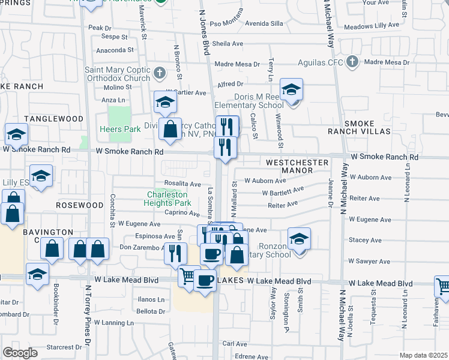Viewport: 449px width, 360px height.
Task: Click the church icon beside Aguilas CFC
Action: [352, 62]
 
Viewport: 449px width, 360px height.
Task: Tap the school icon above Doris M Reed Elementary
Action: [291, 91]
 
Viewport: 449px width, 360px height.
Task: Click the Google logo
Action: [20, 352]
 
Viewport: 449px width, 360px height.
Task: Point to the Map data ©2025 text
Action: [423, 355]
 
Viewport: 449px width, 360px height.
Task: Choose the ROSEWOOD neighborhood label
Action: [80, 205]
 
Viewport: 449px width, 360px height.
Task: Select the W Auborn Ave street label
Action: [265, 180]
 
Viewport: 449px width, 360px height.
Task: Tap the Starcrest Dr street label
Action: [64, 347]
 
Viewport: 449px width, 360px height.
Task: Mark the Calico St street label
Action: [255, 126]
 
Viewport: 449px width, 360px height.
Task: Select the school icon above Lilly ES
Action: [41, 176]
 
